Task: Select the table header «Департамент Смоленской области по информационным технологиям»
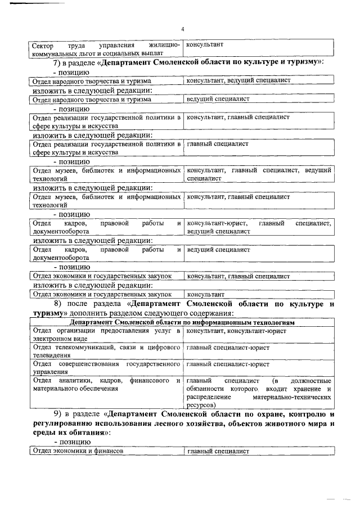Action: pos(182,322)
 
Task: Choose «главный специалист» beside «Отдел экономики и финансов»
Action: pos(218,451)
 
